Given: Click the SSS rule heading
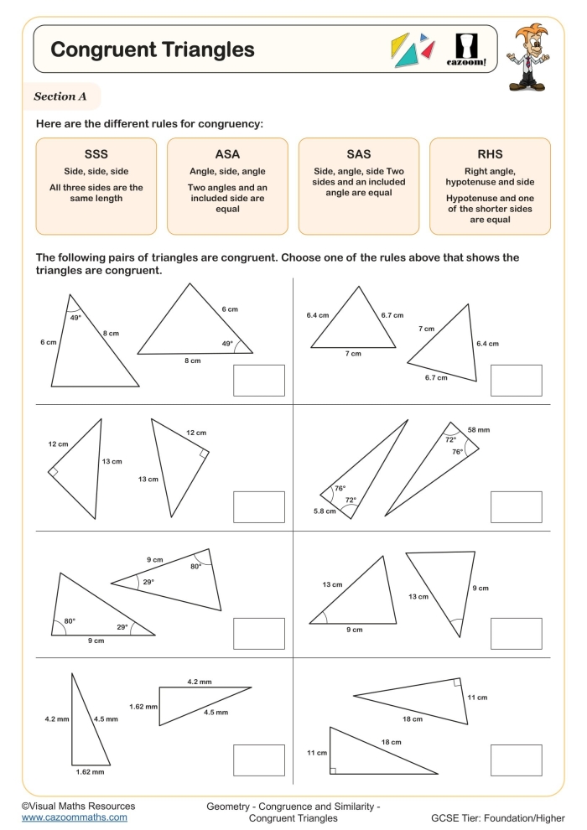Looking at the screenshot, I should coord(96,154).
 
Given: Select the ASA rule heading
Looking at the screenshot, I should coord(227,154).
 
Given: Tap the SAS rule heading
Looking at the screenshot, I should coord(358,154).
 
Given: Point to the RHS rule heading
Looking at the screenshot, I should coord(490,154).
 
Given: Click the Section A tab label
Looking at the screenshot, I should coord(60,96).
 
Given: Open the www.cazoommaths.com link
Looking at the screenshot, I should coord(74,817).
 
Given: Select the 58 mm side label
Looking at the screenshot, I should coord(479,429).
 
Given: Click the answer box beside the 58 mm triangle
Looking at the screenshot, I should coord(516,506).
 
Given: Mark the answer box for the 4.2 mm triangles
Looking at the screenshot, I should coord(258,760).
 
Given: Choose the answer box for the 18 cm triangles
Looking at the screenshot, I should coord(516,760).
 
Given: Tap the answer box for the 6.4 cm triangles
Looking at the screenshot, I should coord(516,380).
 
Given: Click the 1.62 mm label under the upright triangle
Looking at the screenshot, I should coord(89,771).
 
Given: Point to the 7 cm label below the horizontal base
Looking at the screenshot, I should coord(353,354).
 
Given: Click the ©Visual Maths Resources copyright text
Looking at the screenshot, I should coord(78,805).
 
